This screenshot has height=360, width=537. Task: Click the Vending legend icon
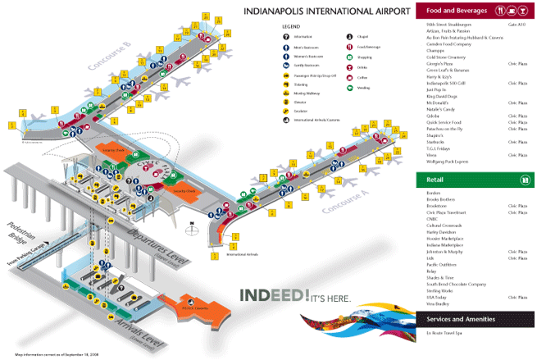click(x=348, y=87)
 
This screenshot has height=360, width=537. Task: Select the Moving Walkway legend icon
click(x=287, y=94)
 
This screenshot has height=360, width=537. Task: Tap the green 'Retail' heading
click(x=430, y=179)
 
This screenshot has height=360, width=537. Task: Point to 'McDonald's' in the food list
click(x=439, y=102)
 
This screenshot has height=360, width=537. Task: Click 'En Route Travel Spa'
click(x=446, y=334)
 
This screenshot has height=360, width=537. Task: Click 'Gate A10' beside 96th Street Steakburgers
click(x=517, y=25)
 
